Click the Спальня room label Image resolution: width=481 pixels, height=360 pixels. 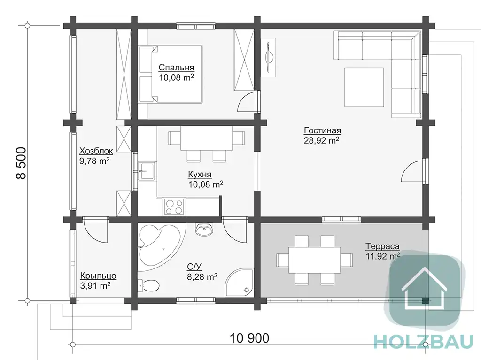tap(177, 68)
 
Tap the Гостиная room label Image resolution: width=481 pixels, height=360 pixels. tap(322, 130)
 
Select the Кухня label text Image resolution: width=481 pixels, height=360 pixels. tap(200, 175)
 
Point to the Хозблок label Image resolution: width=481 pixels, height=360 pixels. tap(96, 151)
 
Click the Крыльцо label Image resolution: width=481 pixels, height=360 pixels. tap(98, 276)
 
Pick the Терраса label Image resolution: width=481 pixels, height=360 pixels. tap(382, 246)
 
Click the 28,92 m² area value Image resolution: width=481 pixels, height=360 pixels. tap(321, 140)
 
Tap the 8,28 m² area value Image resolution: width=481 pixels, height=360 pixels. tap(202, 277)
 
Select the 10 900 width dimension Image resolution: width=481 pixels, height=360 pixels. tap(249, 338)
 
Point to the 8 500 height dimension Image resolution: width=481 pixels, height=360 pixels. tap(21, 163)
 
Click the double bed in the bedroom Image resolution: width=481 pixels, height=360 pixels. tap(171, 74)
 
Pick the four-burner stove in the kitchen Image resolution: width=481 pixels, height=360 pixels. tap(174, 207)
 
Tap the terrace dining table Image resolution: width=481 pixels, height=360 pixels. tap(314, 260)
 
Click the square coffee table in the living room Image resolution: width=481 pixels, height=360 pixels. tap(364, 87)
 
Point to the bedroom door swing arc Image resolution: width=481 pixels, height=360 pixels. tap(244, 100)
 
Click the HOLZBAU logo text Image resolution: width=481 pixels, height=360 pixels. tap(424, 341)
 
